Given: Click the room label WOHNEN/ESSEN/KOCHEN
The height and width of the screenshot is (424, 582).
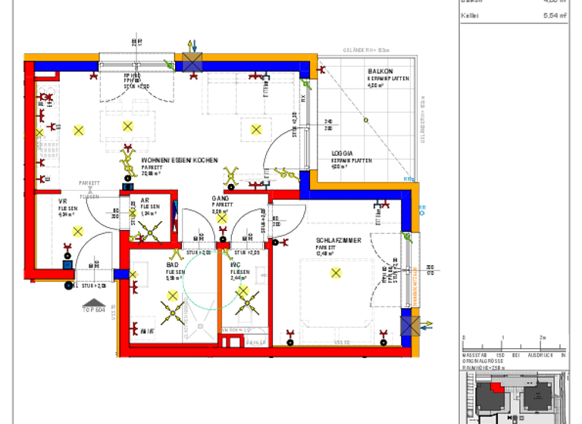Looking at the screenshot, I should (180, 161).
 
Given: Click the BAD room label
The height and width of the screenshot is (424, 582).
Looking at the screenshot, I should (172, 265).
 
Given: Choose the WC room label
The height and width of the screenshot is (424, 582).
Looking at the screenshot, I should (236, 265).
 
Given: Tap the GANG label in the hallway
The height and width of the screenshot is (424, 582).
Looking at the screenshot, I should (220, 198).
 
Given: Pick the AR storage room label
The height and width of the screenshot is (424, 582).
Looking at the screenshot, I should (145, 200).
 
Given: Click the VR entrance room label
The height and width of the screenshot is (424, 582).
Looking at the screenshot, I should (63, 201).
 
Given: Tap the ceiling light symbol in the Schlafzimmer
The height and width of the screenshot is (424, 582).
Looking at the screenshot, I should (336, 273).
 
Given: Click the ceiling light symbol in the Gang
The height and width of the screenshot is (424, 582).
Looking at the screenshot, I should (221, 219).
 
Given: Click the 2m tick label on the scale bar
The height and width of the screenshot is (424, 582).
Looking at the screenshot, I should (542, 338).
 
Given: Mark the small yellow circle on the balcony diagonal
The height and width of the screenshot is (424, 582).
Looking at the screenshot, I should (365, 119).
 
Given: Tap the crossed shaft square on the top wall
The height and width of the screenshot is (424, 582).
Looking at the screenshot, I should (191, 63).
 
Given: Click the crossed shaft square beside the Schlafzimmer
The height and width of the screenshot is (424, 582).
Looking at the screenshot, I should (410, 326).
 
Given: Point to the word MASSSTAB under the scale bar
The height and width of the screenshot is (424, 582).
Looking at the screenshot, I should (474, 354).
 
